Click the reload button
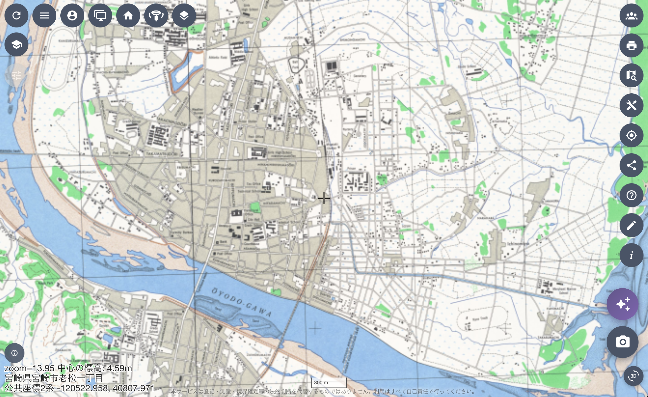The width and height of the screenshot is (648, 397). (x=16, y=15)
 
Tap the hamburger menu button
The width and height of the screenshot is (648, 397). (x=44, y=15)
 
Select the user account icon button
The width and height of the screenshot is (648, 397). (x=72, y=15)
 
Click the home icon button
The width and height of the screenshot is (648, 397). (x=128, y=15)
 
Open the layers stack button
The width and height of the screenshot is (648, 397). (x=184, y=15)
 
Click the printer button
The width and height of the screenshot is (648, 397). (x=631, y=45)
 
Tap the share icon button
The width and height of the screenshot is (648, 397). (x=631, y=165)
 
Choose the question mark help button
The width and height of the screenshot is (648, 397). (x=631, y=195)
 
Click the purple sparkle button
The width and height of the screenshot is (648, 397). (x=622, y=304)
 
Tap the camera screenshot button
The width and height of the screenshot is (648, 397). (x=622, y=342)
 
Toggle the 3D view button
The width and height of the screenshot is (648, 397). (x=633, y=376)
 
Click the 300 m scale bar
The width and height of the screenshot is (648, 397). (x=328, y=383)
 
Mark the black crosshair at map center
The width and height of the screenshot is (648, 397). (x=324, y=198)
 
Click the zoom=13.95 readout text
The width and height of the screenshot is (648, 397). (x=29, y=368)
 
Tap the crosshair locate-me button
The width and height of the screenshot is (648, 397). (x=631, y=135)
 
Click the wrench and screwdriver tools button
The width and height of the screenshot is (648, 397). (x=631, y=105)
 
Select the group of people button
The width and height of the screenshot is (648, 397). (x=631, y=15)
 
